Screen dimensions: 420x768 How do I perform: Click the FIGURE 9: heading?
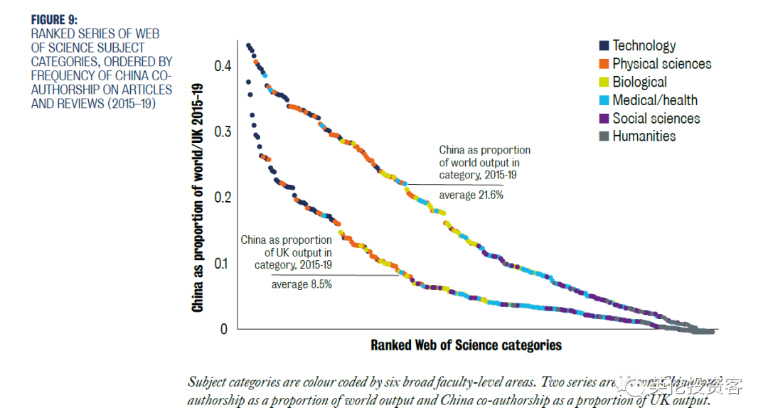54,20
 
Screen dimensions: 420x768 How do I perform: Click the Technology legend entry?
644,45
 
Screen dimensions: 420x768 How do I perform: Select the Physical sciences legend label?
661,64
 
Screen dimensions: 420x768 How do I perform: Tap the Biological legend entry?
639,82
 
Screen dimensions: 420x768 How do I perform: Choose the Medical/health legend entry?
654,100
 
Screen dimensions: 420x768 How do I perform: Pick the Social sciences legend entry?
656,119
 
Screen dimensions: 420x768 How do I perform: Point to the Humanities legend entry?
644,136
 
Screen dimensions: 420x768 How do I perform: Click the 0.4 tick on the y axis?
223,66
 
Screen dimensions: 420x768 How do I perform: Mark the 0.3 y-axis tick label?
223,132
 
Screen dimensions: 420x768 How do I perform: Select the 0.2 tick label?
223,198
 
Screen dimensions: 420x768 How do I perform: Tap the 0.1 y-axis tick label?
223,264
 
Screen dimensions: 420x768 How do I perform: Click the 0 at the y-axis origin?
224,329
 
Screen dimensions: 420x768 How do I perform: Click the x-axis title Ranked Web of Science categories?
466,345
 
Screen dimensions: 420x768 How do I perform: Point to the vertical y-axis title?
198,198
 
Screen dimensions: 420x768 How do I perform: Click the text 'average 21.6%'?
471,195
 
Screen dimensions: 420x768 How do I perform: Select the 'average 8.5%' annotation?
302,284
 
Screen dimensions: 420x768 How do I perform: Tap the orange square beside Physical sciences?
603,65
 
